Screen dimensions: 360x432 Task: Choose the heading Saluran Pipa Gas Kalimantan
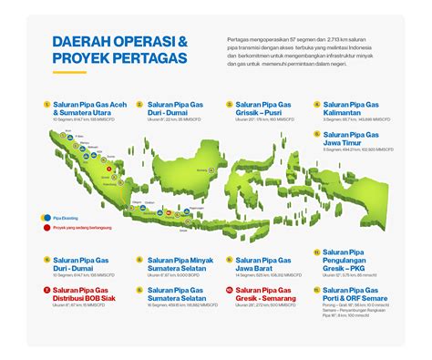[351, 108]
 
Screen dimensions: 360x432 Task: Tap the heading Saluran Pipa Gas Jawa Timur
[351, 139]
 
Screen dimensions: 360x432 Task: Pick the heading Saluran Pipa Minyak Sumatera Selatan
[175, 264]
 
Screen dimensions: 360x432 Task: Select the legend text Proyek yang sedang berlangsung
[77, 230]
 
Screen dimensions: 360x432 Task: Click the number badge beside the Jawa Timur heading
[314, 134]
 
